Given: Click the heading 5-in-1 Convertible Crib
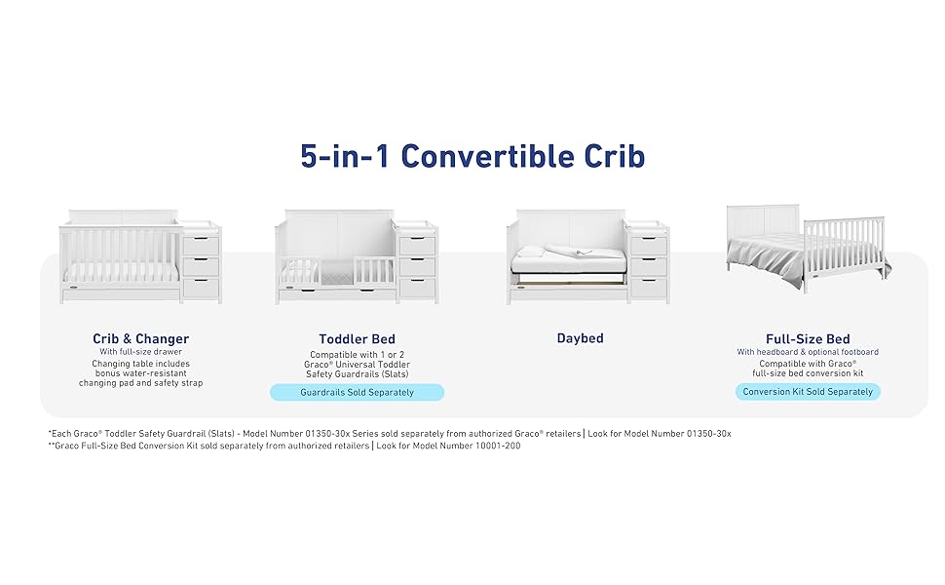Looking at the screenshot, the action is [x=472, y=156].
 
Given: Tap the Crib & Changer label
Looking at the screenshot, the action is [x=140, y=338].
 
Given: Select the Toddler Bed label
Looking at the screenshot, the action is [x=357, y=339].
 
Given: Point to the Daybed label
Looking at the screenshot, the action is [x=580, y=338].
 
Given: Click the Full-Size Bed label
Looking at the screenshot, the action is [x=808, y=339].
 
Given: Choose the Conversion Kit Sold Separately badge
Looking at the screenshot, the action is [x=808, y=392].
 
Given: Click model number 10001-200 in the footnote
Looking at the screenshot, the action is [x=498, y=446].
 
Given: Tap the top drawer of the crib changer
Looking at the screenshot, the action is [x=201, y=246].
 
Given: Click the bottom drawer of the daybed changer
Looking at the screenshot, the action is [x=649, y=288].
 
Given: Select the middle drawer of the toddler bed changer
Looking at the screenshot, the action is [x=417, y=266].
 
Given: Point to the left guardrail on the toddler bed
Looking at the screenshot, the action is [x=300, y=271].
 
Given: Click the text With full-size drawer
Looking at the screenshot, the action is [x=140, y=352].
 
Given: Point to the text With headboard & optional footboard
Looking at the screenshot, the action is [x=808, y=352].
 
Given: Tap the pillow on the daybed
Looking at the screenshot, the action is [x=530, y=252].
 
